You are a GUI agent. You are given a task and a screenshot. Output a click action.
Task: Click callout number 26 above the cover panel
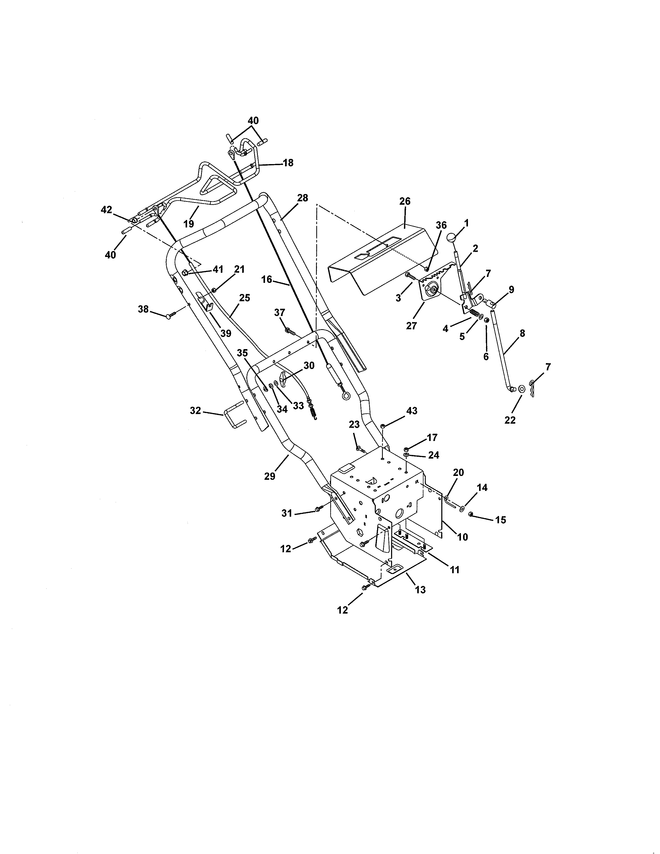(405, 201)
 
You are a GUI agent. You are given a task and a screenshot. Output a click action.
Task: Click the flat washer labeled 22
(522, 389)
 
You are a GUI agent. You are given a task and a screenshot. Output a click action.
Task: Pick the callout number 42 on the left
(106, 210)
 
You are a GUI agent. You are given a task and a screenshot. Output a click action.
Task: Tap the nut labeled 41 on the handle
(185, 273)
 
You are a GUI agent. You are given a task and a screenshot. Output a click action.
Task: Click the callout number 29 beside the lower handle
(270, 476)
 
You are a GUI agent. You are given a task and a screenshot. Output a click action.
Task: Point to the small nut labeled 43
(383, 426)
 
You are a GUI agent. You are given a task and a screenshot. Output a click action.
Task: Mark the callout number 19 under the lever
(188, 224)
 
